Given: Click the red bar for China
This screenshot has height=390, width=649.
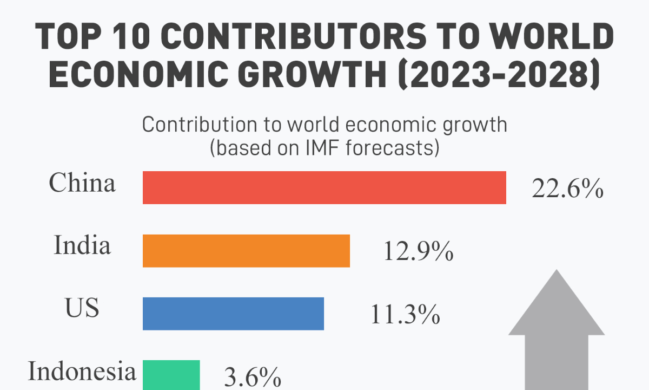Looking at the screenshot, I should click(x=325, y=188).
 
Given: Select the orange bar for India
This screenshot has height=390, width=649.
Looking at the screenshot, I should click(x=246, y=251).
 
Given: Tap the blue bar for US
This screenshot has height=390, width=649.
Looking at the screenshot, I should click(x=233, y=314).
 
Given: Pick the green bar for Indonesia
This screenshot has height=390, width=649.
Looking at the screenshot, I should click(x=171, y=375).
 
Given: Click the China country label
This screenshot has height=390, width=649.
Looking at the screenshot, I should click(x=82, y=183).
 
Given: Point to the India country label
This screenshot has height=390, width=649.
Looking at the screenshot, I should click(x=82, y=246).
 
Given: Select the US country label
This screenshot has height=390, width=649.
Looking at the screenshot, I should click(x=82, y=308).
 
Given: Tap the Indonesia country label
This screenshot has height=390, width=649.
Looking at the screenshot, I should click(x=82, y=372).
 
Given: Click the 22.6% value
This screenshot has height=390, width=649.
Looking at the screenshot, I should click(x=567, y=190).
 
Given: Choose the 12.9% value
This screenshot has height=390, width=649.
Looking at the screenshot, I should click(x=418, y=252).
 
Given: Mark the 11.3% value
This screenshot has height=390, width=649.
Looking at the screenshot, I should click(x=405, y=315).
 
